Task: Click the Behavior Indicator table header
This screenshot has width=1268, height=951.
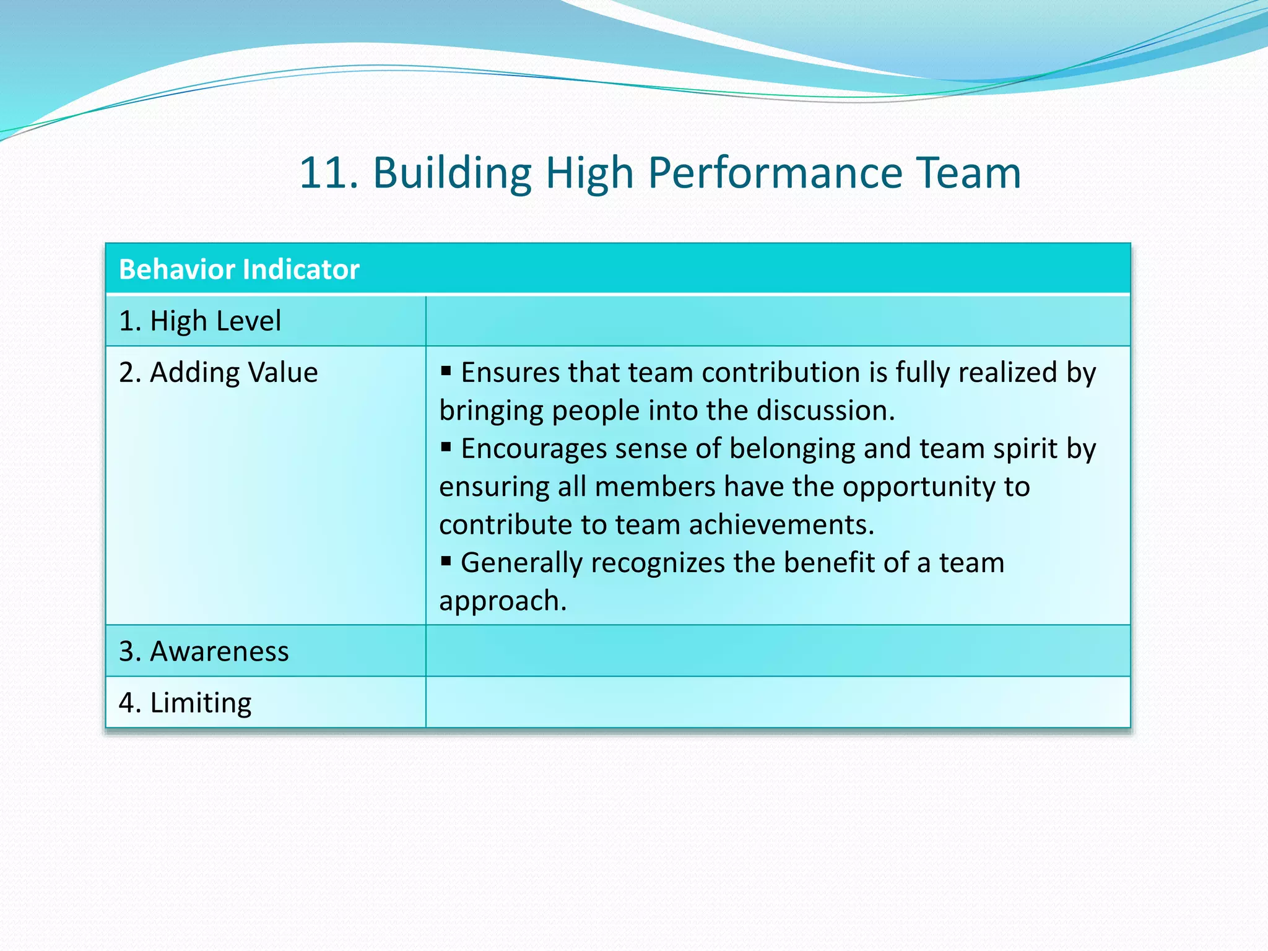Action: point(239,269)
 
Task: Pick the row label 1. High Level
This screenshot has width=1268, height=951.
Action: point(200,321)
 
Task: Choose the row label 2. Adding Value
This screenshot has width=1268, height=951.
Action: point(218,373)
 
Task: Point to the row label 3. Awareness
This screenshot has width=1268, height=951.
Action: point(204,651)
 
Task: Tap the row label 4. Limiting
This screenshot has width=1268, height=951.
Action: point(185,703)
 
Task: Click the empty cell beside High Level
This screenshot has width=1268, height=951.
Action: point(778,321)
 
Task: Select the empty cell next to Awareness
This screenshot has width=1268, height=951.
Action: point(778,651)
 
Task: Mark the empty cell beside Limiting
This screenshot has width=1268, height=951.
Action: point(778,703)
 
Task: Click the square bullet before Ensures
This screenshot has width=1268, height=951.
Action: point(446,371)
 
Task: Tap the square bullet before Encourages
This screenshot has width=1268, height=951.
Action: point(446,447)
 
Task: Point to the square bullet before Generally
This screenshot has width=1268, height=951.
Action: point(446,562)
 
